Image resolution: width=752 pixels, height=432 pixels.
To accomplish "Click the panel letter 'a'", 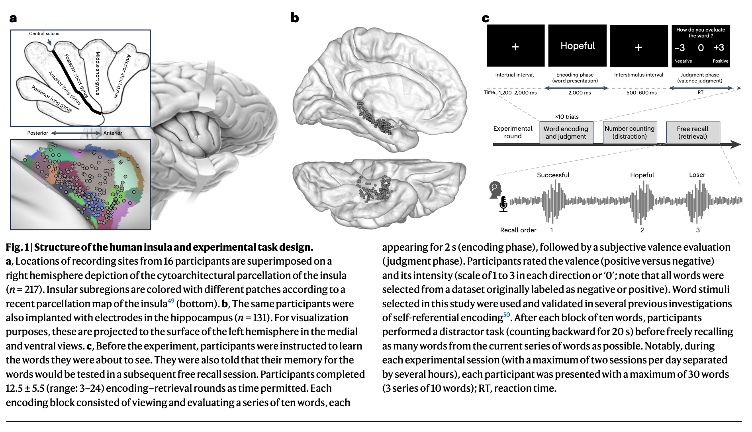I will (13, 18).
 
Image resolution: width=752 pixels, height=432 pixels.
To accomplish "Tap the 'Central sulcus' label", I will (44, 33).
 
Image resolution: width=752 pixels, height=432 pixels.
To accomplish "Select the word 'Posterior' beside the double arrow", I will (37, 133).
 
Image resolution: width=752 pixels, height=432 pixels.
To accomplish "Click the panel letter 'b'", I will (295, 18).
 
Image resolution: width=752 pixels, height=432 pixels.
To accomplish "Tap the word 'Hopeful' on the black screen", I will (578, 46).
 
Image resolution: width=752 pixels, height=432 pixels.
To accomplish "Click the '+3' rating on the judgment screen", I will (719, 47).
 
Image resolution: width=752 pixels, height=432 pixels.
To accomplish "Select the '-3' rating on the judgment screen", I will (680, 48).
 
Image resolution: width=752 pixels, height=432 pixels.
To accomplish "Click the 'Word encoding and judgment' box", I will (566, 133).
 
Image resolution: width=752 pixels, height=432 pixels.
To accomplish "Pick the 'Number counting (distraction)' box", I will (629, 132).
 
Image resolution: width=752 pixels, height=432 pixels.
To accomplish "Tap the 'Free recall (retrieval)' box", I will (693, 133).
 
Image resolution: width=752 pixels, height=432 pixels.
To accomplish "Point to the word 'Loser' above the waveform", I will (697, 175).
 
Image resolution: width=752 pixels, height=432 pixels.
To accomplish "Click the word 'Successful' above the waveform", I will (553, 175).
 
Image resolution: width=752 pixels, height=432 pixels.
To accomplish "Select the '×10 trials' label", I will (566, 117).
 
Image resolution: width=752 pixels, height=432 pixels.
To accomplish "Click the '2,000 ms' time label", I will (579, 93).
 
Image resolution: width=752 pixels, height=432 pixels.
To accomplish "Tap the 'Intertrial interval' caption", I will (514, 75).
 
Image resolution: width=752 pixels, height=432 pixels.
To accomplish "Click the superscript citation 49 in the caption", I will (171, 301).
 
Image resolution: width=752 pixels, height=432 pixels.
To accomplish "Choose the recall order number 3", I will (698, 230).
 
